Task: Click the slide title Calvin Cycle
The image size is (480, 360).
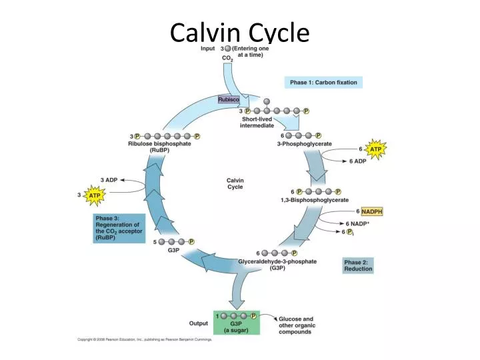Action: coord(239,31)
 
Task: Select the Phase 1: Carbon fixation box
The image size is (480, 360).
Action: coord(323,83)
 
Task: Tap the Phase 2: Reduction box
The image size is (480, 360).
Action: coord(358,265)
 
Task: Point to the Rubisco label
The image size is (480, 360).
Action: coord(229,99)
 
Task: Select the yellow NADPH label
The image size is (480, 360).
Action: coord(372,211)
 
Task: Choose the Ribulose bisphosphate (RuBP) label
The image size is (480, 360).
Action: coord(159,147)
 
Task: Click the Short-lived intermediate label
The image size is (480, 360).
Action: coord(257,123)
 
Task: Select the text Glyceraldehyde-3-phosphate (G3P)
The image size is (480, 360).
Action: coord(277,265)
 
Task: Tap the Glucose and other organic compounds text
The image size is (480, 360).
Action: coord(295,325)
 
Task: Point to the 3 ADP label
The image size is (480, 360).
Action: coord(109,180)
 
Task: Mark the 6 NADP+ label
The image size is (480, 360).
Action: coord(357,223)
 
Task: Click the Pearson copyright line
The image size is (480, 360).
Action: coord(145,339)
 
